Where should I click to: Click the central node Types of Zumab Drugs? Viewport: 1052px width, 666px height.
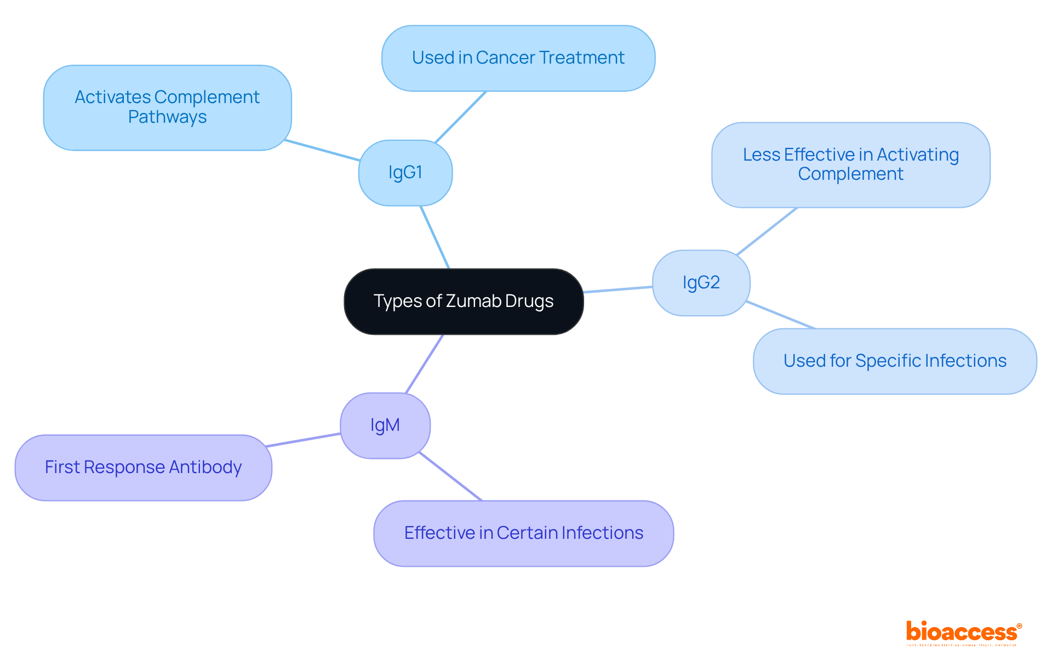pyautogui.click(x=464, y=301)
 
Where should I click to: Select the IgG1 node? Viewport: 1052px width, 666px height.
pyautogui.click(x=405, y=173)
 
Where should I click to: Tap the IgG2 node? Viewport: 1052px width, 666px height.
pyautogui.click(x=701, y=283)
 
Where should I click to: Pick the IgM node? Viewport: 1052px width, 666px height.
pyautogui.click(x=385, y=425)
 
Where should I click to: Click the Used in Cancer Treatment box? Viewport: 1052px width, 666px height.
pyautogui.click(x=518, y=58)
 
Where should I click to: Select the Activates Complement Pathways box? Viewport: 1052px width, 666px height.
pyautogui.click(x=167, y=107)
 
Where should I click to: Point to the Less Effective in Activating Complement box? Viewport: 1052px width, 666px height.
pyautogui.click(x=850, y=164)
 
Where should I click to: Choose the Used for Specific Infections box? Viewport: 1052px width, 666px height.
pyautogui.click(x=895, y=361)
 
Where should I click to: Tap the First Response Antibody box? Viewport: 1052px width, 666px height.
pyautogui.click(x=143, y=468)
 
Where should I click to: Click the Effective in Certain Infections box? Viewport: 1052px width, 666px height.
pyautogui.click(x=523, y=533)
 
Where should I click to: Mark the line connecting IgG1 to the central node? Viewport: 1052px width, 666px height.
pyautogui.click(x=434, y=237)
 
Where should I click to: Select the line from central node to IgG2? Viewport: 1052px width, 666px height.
pyautogui.click(x=618, y=289)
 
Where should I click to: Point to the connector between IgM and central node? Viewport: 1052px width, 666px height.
pyautogui.click(x=424, y=364)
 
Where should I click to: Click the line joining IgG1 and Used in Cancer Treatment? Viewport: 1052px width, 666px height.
pyautogui.click(x=461, y=117)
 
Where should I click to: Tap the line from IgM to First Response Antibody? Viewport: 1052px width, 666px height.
pyautogui.click(x=303, y=440)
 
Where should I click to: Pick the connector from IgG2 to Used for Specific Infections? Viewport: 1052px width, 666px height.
pyautogui.click(x=780, y=315)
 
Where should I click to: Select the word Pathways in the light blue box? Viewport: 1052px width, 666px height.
pyautogui.click(x=167, y=117)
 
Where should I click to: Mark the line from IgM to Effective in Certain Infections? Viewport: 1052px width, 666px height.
pyautogui.click(x=450, y=476)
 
